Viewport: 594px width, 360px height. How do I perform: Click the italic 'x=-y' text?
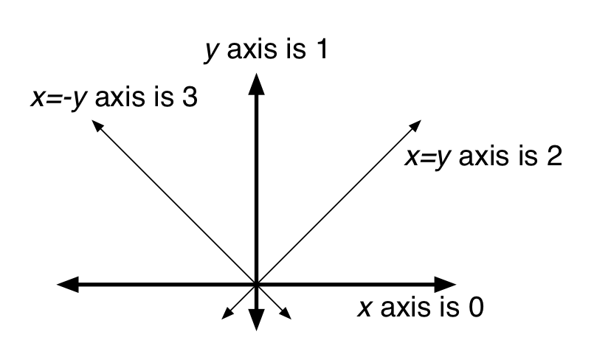[59, 98]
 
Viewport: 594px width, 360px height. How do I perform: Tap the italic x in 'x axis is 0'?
[364, 307]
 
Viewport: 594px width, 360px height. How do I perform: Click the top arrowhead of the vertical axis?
[256, 82]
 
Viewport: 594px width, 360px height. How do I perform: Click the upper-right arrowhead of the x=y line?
[416, 123]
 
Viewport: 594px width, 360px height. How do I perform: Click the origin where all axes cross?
[256, 283]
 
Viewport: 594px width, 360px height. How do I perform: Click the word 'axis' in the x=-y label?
[122, 97]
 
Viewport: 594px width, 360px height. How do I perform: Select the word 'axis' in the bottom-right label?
[407, 306]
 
